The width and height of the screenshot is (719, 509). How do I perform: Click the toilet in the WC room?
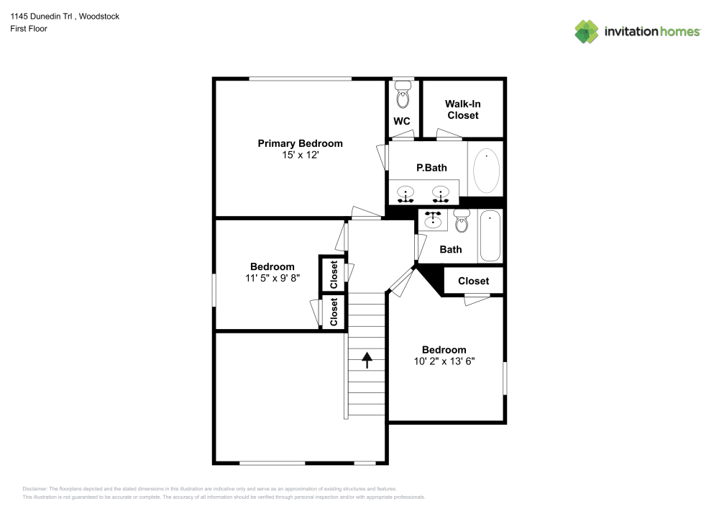click(403, 95)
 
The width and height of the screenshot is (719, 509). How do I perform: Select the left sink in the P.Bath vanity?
click(406, 194)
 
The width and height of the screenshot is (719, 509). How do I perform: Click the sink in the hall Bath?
click(433, 220)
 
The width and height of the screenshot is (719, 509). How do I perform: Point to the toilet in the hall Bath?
click(462, 221)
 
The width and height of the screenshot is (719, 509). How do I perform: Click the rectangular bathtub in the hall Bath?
click(490, 236)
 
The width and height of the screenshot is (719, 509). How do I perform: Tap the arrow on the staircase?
click(367, 359)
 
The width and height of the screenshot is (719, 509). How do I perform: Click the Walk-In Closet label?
click(462, 109)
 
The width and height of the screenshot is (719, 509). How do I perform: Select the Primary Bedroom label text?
click(300, 143)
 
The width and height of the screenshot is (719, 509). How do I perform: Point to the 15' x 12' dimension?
click(300, 155)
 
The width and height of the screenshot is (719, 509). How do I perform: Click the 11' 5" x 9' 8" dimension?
click(272, 278)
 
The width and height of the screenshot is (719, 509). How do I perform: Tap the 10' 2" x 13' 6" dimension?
click(444, 361)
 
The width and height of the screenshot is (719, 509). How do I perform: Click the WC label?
click(402, 121)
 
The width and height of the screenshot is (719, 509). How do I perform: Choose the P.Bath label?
click(431, 168)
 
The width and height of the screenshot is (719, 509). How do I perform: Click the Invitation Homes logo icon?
click(587, 32)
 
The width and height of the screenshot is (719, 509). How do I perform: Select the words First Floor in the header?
click(29, 29)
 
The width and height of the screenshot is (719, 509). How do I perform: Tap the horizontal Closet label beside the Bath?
click(473, 281)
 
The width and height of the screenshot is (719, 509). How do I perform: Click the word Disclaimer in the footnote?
click(35, 488)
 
